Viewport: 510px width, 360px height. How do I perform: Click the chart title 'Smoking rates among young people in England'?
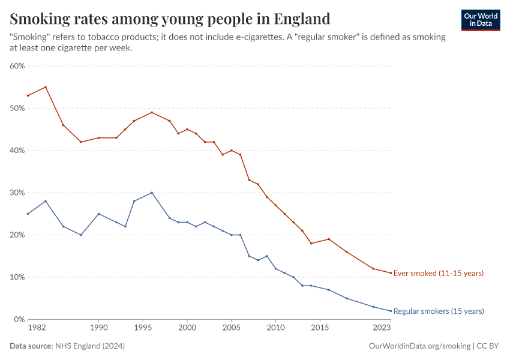coord(170,19)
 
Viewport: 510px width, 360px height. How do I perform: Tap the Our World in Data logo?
coord(480,20)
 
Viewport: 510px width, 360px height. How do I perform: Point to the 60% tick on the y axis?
coord(17,66)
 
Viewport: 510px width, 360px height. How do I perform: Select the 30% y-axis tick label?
coord(17,193)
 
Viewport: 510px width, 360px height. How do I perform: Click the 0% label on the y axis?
coord(19,319)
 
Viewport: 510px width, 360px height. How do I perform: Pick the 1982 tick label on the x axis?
coord(36,329)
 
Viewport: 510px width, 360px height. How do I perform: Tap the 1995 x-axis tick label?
coord(143,329)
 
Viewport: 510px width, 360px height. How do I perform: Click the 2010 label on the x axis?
coord(275,329)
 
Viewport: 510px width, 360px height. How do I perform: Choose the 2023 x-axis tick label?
coord(382,329)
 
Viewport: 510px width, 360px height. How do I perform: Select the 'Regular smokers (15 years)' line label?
coord(438,311)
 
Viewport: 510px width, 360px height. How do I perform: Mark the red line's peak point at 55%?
coord(46,87)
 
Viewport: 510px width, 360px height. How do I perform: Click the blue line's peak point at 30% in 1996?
coord(152,193)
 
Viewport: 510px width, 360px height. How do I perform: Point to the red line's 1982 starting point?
coord(28,95)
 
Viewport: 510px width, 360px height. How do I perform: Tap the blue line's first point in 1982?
coord(28,214)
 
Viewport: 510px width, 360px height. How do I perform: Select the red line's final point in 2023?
coord(391,273)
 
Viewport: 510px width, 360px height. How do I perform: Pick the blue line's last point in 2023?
coord(391,311)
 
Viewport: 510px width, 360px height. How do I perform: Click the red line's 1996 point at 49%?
coord(152,112)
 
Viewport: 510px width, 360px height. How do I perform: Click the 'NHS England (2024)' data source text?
coord(89,346)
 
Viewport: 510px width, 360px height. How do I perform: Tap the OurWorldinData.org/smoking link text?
coord(419,346)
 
